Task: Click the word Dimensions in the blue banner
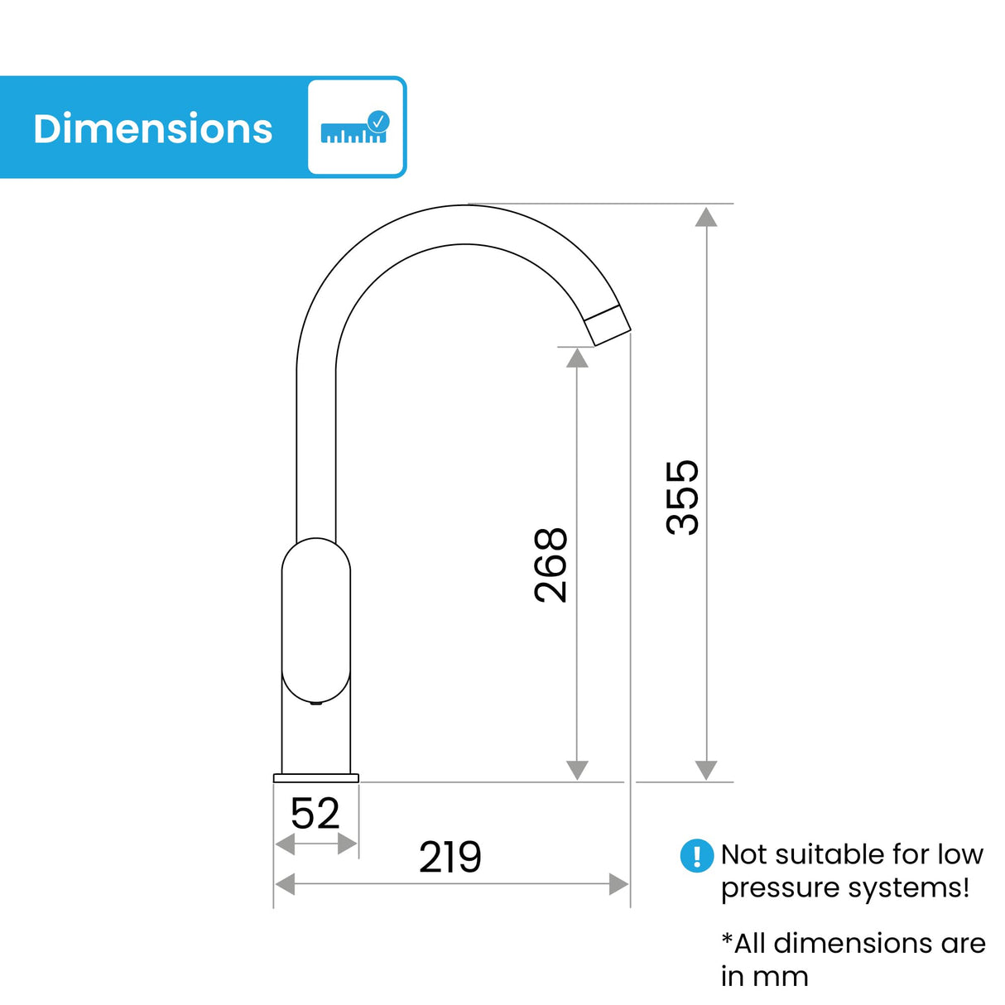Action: [153, 129]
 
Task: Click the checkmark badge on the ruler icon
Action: [378, 121]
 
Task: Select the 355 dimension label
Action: [683, 497]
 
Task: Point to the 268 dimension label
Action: [551, 565]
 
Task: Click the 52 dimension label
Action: [315, 814]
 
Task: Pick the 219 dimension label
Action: [450, 857]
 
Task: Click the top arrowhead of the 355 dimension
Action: [706, 217]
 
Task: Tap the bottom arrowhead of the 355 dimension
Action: [706, 770]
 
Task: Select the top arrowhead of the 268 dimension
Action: [577, 358]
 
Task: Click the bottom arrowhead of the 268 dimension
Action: [577, 770]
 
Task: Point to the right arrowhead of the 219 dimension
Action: [618, 884]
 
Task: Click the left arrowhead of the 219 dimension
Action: [285, 884]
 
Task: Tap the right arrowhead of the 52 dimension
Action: [348, 844]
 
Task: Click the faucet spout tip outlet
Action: [609, 325]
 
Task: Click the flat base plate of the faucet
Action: [316, 778]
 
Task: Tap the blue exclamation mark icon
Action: [696, 855]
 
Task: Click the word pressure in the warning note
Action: [767, 888]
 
